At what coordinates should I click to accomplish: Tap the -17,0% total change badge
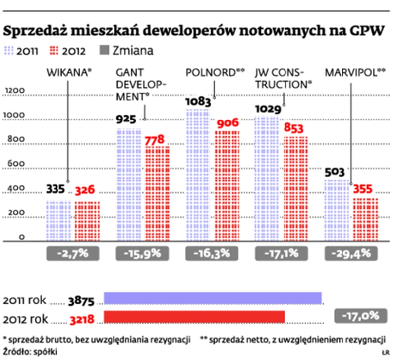point(359,315)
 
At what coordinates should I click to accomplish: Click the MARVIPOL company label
point(354,72)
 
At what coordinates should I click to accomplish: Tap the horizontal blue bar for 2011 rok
point(213,298)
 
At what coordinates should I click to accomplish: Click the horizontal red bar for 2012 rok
point(194,317)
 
